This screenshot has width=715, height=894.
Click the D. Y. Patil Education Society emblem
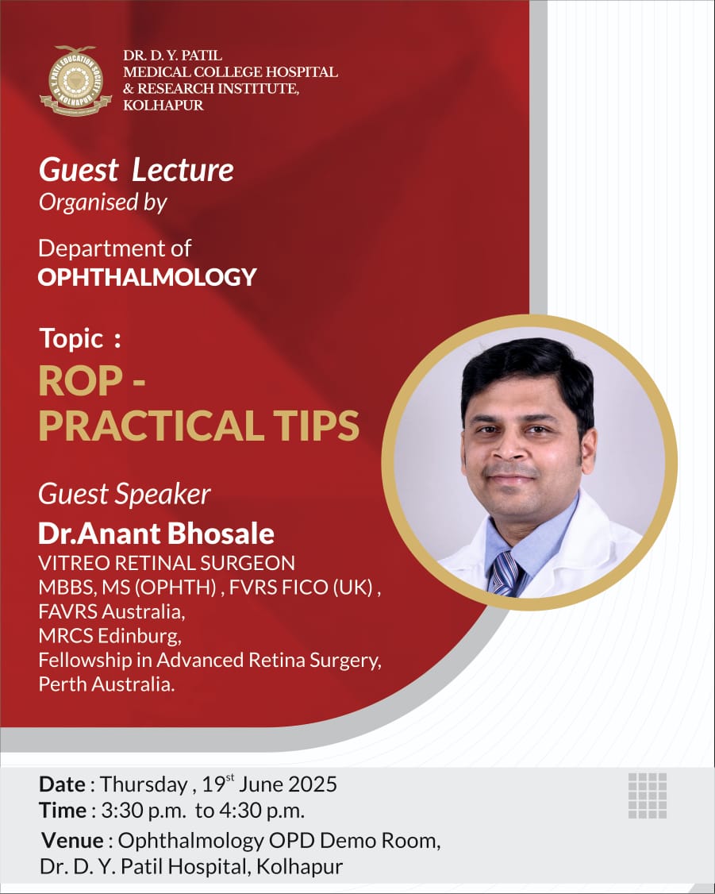75,80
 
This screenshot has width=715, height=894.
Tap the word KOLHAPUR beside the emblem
163,105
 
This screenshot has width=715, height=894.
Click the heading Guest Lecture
136,170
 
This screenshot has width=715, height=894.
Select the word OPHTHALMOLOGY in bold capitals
147,277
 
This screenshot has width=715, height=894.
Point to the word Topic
71,339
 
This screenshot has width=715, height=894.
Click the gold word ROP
80,381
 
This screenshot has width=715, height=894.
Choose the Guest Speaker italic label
125,495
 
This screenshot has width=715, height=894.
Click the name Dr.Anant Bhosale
156,534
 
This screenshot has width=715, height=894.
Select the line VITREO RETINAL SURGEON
167,563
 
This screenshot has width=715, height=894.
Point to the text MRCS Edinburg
110,636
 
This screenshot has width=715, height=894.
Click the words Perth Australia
106,684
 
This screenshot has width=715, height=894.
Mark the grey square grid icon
648,796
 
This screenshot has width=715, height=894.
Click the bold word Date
62,784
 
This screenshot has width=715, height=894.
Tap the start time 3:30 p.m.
144,811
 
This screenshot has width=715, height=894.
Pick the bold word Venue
72,840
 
